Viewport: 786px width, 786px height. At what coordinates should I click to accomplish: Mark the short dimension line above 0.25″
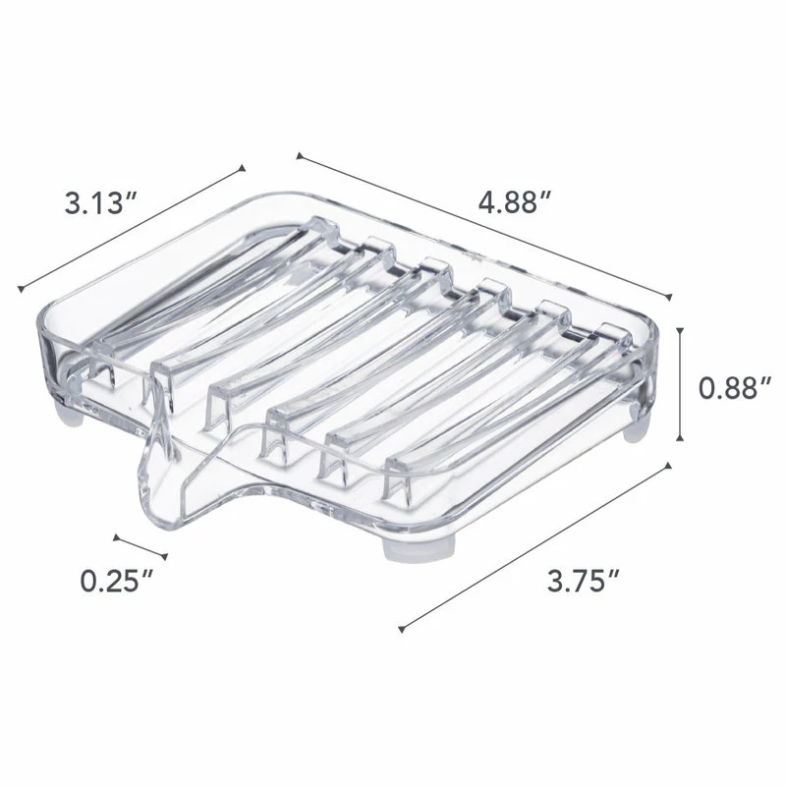click(x=135, y=547)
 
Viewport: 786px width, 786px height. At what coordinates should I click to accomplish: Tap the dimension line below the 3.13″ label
click(x=132, y=229)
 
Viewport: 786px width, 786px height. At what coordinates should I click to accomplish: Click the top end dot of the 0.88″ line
click(x=681, y=324)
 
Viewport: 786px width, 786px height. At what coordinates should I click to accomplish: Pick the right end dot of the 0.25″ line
click(x=154, y=557)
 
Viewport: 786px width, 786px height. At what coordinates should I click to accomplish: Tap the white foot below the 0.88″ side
click(x=637, y=428)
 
